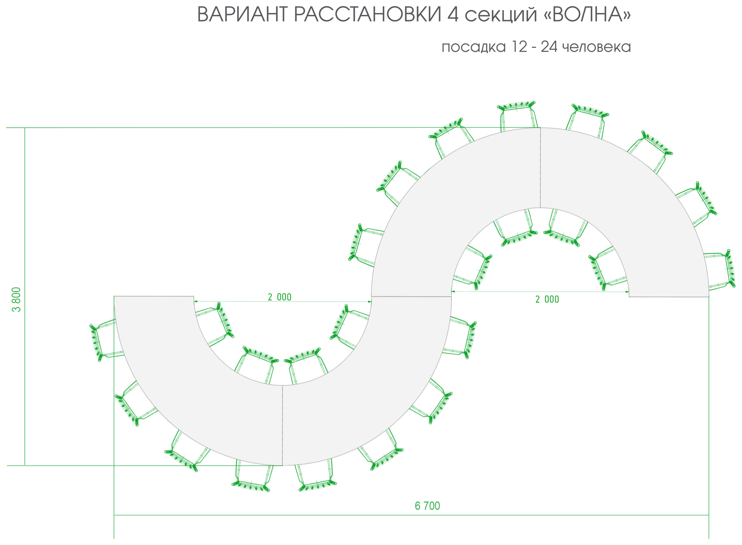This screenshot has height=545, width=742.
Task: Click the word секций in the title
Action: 503,17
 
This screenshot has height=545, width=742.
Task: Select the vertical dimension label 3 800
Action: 17,299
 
